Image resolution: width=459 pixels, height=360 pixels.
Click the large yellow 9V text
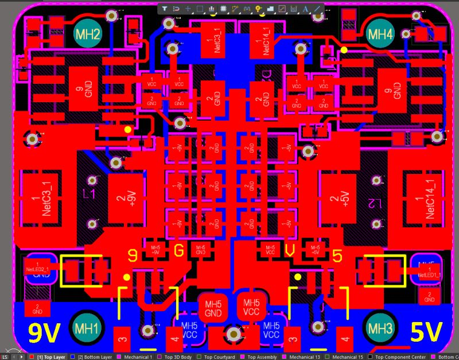click(42, 332)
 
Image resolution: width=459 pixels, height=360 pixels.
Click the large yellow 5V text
click(427, 332)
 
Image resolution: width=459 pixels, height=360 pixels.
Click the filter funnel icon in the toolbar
click(164, 9)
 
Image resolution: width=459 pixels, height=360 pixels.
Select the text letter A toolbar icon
click(305, 9)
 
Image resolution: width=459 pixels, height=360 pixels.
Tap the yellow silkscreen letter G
click(179, 251)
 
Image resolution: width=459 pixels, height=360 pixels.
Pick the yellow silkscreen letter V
click(290, 251)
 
